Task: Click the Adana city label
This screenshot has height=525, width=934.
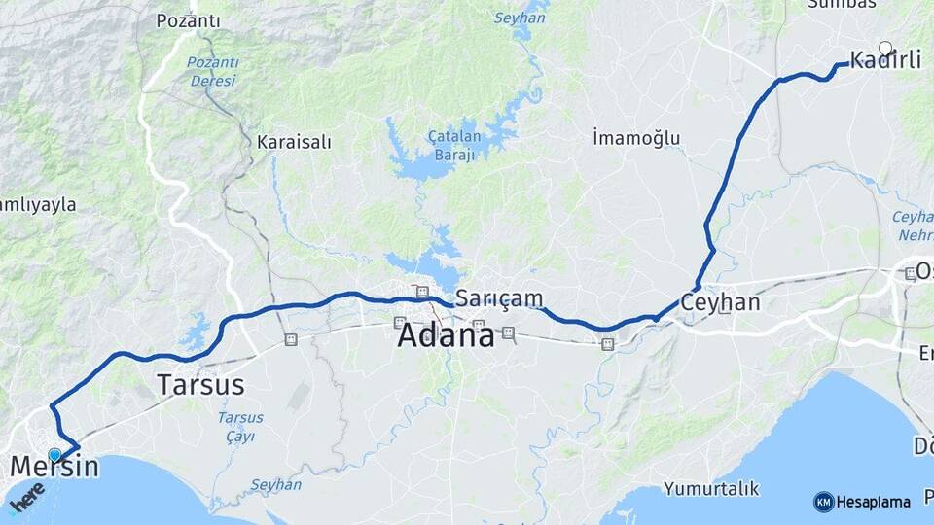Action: click(446, 335)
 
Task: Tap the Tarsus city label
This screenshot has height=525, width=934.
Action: click(200, 384)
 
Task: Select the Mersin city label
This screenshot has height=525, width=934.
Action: click(54, 467)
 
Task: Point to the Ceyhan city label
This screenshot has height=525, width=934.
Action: click(720, 301)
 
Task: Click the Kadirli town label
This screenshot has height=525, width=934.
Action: click(885, 60)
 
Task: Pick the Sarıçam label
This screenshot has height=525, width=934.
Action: click(499, 297)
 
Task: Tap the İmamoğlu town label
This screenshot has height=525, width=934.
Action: click(636, 138)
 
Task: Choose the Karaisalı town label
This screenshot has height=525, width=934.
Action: click(294, 142)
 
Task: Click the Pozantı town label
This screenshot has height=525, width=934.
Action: click(189, 20)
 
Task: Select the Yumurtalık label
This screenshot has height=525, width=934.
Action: click(710, 487)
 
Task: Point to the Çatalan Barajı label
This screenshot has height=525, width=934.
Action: click(452, 146)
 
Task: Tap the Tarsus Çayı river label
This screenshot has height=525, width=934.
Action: click(239, 426)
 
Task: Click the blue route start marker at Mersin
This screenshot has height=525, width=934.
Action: click(54, 454)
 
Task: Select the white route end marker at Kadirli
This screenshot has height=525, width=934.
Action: click(885, 47)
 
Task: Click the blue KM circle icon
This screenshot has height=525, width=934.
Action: click(823, 502)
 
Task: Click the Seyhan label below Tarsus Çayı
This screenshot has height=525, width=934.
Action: click(276, 484)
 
